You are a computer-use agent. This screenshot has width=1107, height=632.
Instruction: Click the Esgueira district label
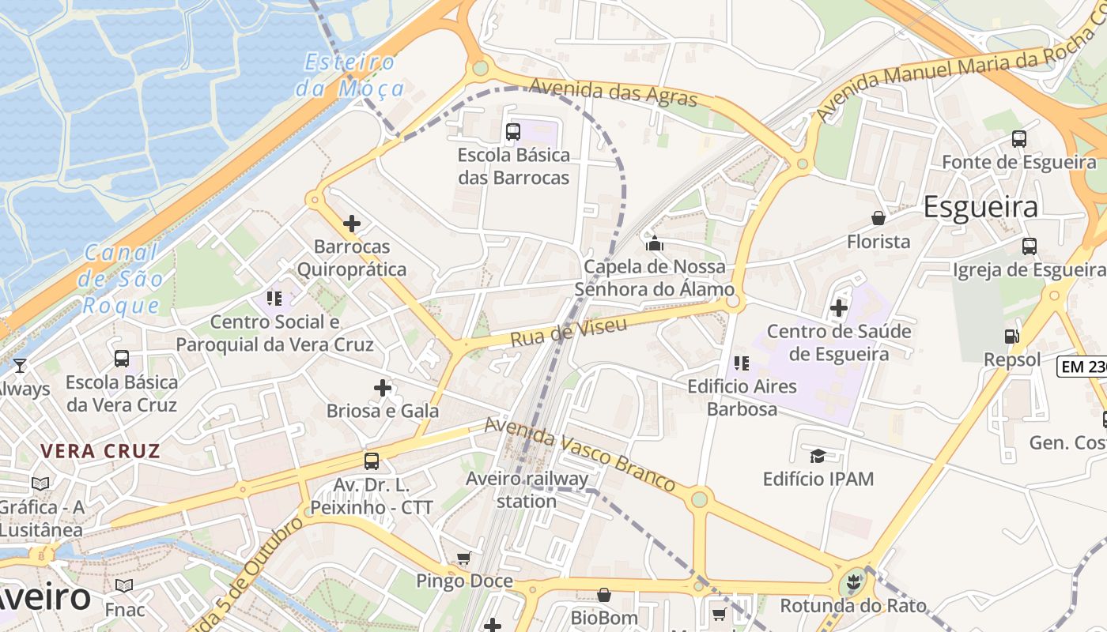[x=980, y=207]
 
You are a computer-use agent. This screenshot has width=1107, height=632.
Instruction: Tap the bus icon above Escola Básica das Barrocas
[x=513, y=131]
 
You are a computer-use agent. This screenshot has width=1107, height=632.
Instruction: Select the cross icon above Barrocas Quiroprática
[x=352, y=224]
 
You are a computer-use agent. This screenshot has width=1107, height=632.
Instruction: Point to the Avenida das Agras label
[x=614, y=92]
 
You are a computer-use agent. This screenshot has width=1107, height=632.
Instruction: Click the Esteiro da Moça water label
[x=350, y=75]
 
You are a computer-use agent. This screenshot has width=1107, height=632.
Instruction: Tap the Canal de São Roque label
[x=122, y=278]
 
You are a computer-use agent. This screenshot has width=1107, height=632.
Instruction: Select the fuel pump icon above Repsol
[x=1011, y=337]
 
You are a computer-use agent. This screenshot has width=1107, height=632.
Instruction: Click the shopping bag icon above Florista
[x=878, y=218]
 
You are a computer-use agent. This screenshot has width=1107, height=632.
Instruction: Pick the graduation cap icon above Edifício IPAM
[x=818, y=456]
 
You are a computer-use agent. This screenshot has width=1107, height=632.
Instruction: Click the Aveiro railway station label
[x=527, y=490]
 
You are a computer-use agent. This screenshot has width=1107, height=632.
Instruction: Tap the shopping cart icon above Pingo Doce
[x=464, y=559]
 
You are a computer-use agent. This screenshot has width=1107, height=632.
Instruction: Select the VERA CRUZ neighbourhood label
[x=100, y=452]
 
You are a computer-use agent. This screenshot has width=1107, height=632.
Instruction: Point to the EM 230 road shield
[x=1082, y=367]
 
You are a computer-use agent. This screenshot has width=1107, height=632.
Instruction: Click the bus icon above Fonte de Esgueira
[x=1018, y=139]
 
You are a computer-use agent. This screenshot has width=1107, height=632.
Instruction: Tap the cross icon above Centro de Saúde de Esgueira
[x=839, y=307]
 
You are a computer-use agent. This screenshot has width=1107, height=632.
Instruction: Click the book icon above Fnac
[x=124, y=585]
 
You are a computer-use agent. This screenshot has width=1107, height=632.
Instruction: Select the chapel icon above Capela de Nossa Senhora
[x=654, y=243]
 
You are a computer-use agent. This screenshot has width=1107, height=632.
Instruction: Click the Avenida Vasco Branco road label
[x=580, y=453]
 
